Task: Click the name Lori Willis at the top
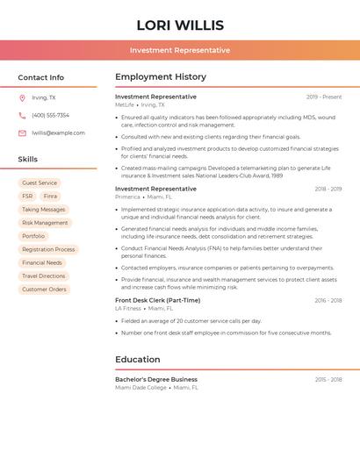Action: (x=180, y=25)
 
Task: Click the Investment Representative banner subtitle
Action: (x=180, y=51)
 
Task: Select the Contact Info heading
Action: (x=41, y=77)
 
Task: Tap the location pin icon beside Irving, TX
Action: (x=22, y=97)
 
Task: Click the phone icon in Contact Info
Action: (x=22, y=115)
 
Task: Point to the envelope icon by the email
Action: (x=22, y=132)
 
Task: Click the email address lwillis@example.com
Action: (x=58, y=132)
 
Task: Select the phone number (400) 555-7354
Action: (x=50, y=115)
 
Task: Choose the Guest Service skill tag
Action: (x=40, y=183)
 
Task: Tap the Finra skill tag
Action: (x=50, y=197)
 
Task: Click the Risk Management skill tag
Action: (x=45, y=223)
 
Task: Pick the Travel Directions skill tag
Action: (x=44, y=275)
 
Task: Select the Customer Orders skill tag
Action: (x=44, y=289)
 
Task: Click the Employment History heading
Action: (x=160, y=77)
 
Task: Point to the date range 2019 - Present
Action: (x=324, y=97)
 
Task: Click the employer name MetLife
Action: (x=125, y=104)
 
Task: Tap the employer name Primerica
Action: (x=127, y=197)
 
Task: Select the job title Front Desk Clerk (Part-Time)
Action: (x=157, y=300)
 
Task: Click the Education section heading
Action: (x=137, y=359)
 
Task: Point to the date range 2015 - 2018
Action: (x=328, y=379)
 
